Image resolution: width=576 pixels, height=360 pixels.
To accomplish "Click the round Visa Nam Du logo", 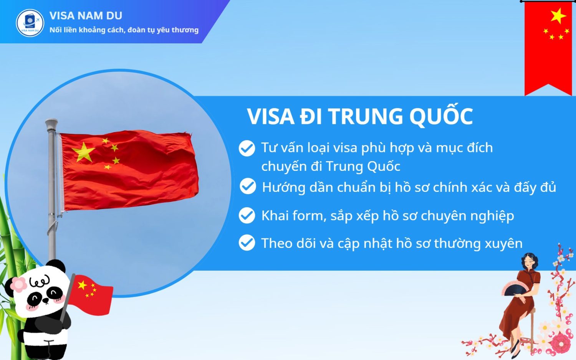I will pos(30,23).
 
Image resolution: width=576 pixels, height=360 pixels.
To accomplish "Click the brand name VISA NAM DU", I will pos(86,16).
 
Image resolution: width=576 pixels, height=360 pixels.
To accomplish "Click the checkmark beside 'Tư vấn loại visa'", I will pos(247,148).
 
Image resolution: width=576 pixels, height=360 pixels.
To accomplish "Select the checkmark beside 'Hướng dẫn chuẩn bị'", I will pos(248,186).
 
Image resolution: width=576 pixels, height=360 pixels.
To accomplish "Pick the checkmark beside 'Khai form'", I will pos(247,215).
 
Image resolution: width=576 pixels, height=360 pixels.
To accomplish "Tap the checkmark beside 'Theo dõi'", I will pos(247,243).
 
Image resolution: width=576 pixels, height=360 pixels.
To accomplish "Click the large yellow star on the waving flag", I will pos(84,152).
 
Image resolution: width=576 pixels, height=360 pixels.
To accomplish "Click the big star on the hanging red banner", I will pos(558,16).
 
